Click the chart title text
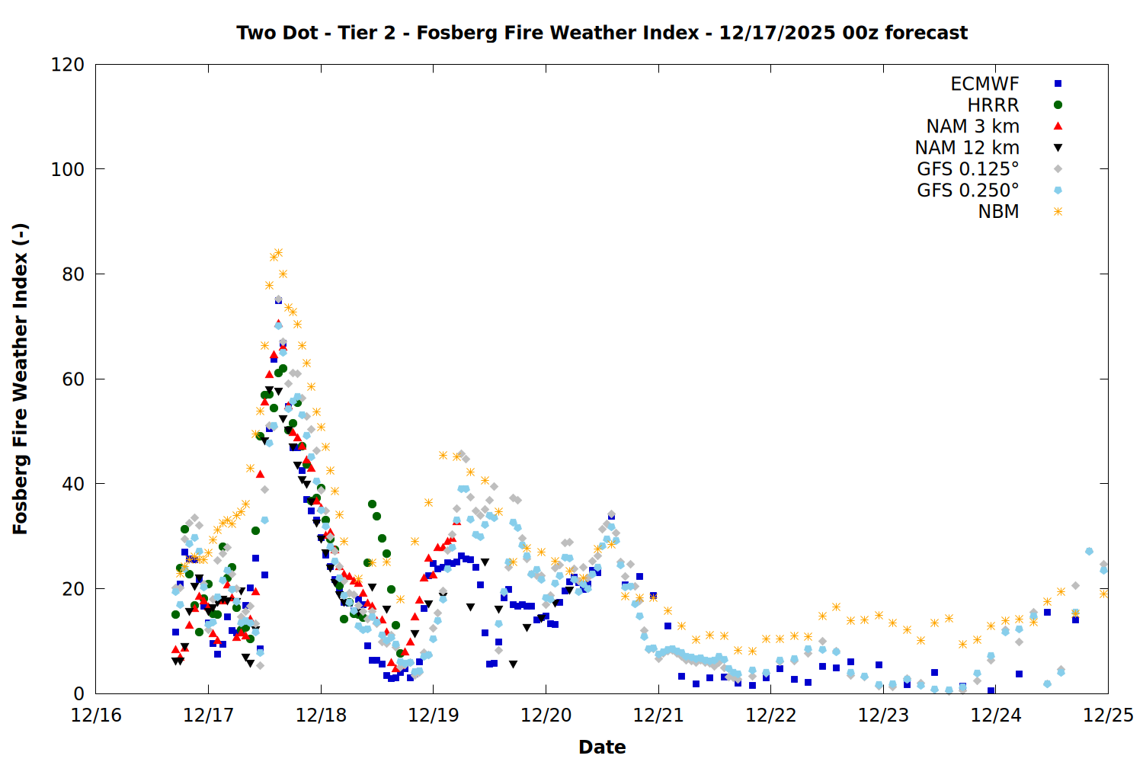click(602, 33)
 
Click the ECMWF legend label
click(985, 84)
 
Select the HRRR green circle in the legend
click(1058, 105)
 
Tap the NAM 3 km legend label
click(972, 126)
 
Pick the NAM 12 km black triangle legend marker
click(1058, 148)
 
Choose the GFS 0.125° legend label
click(968, 169)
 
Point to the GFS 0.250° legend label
click(968, 190)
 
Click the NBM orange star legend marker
click(1058, 212)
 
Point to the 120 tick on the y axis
click(68, 65)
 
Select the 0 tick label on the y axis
click(78, 693)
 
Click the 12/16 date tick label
click(96, 716)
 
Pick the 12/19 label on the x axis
click(434, 716)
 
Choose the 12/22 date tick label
click(770, 716)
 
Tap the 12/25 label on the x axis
click(1108, 716)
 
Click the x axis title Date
click(602, 747)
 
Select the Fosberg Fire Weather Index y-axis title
click(21, 379)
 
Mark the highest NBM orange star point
click(278, 253)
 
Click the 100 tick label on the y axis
click(68, 169)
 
